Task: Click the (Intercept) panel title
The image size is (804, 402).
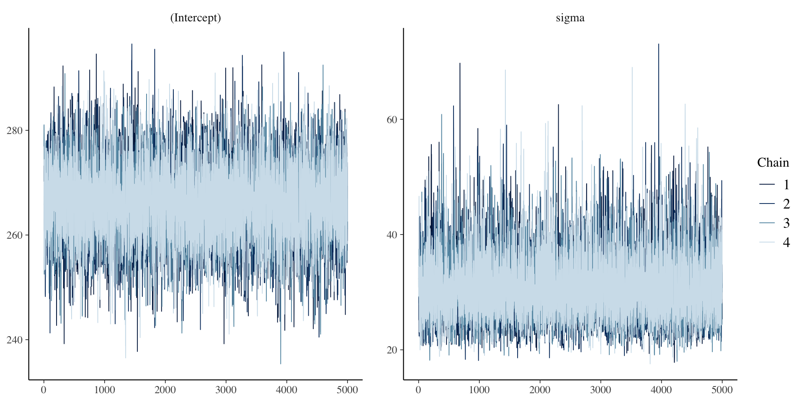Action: pyautogui.click(x=195, y=18)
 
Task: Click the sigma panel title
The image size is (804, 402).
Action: pyautogui.click(x=570, y=18)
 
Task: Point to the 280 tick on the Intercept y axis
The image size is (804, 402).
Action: pyautogui.click(x=14, y=131)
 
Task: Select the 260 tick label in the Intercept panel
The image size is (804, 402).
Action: pyautogui.click(x=14, y=235)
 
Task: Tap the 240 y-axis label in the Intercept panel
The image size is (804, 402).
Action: pyautogui.click(x=14, y=340)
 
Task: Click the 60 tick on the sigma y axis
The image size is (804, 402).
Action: pyautogui.click(x=392, y=120)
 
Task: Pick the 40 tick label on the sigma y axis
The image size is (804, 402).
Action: pyautogui.click(x=392, y=235)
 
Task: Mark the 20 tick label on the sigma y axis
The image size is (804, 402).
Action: pyautogui.click(x=392, y=350)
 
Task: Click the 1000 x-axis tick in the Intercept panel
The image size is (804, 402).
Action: pyautogui.click(x=104, y=390)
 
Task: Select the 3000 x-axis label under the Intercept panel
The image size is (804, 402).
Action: pyautogui.click(x=226, y=390)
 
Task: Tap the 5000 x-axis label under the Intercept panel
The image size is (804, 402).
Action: pyautogui.click(x=347, y=390)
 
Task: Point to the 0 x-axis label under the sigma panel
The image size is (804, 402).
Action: pyautogui.click(x=418, y=390)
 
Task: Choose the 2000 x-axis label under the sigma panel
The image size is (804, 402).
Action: pyautogui.click(x=540, y=390)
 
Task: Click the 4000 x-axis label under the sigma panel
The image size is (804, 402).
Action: pyautogui.click(x=661, y=390)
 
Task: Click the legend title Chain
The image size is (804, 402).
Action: pyautogui.click(x=773, y=162)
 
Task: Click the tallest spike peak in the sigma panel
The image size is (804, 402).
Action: pyautogui.click(x=658, y=44)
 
